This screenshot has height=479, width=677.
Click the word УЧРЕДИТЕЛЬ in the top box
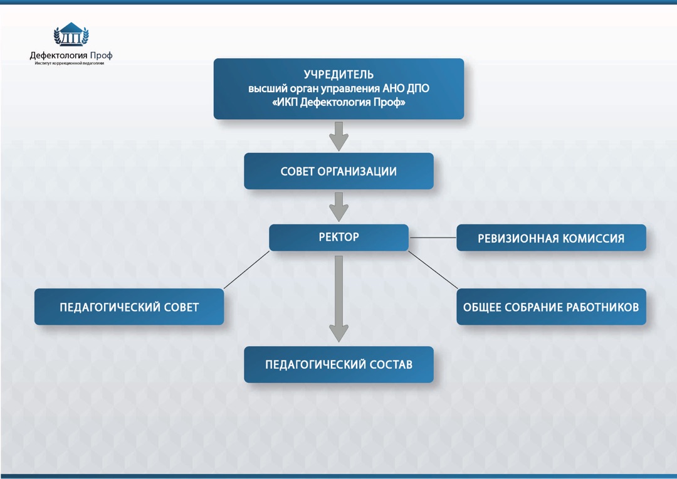coord(338,75)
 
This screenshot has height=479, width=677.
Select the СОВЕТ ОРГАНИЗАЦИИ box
coord(338,171)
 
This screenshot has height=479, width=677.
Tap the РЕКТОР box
coord(338,238)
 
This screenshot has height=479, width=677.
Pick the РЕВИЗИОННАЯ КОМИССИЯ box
coord(551,238)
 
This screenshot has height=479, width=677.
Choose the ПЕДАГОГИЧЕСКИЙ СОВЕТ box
coord(129,307)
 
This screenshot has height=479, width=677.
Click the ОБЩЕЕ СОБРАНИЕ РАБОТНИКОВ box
coord(551,307)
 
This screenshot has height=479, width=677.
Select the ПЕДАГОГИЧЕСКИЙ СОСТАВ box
coord(338,364)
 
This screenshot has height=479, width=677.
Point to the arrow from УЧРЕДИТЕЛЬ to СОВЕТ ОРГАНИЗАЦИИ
coord(338,136)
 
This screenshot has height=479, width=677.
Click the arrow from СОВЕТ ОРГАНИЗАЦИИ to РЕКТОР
coord(338,206)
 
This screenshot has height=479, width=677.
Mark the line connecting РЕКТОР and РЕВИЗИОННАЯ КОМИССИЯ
coord(433,238)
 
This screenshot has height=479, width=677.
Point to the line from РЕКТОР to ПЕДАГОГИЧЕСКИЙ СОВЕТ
coord(246,270)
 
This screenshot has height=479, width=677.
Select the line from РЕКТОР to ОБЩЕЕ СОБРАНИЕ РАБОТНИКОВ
coord(433,270)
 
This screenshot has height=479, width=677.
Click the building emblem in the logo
coord(71,35)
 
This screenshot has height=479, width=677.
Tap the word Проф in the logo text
coord(101,55)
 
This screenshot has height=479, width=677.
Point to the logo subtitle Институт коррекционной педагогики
coord(70,63)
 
